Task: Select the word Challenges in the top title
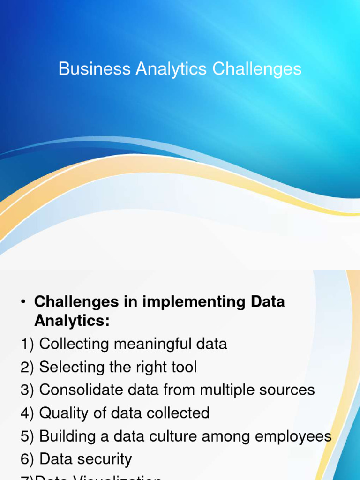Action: (x=257, y=69)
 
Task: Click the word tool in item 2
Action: (x=182, y=367)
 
